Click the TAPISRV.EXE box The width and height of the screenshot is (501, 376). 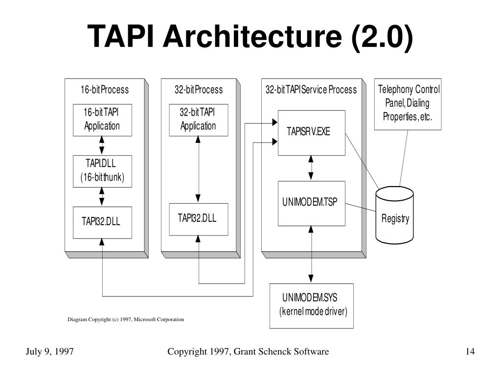coord(312,133)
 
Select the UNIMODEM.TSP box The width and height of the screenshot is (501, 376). coord(312,204)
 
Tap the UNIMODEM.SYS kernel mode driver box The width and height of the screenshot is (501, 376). coord(312,306)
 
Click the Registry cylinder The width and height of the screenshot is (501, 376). coord(395,215)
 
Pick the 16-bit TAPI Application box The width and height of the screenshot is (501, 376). coord(102,120)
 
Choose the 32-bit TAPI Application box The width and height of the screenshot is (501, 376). coord(199,120)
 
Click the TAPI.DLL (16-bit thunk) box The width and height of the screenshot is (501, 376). coord(102,171)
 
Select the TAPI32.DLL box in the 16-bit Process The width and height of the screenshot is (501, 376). coord(102,223)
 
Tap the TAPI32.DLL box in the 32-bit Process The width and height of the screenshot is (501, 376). coord(199,219)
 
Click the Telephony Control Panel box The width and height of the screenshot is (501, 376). coord(408,104)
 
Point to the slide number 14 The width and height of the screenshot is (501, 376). coord(470,352)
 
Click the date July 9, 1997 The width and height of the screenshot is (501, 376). coord(49,352)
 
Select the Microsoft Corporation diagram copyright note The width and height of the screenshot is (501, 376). coord(126,319)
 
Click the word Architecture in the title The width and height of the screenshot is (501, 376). coord(252,36)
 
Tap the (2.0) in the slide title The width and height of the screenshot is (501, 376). coord(382,37)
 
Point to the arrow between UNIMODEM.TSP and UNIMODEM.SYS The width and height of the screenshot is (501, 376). coord(311,255)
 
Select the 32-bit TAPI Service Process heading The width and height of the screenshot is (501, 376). coord(311,90)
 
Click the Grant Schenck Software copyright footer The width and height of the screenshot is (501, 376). coord(248,352)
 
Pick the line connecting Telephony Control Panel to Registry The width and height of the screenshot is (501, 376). coord(404,158)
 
